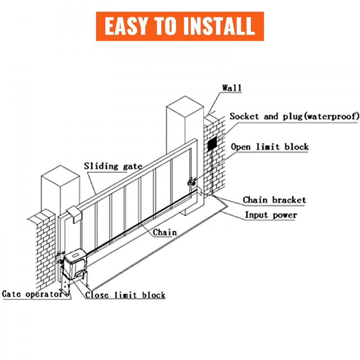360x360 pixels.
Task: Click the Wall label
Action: pyautogui.click(x=232, y=88)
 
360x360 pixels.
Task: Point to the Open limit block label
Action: pyautogui.click(x=270, y=147)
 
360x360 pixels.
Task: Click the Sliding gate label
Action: pyautogui.click(x=113, y=166)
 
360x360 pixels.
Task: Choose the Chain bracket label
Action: pyautogui.click(x=274, y=200)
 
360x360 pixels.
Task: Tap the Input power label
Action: pyautogui.click(x=271, y=215)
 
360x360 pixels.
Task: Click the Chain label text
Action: pyautogui.click(x=165, y=232)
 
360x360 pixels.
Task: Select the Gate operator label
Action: pyautogui.click(x=32, y=294)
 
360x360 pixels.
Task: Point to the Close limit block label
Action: pyautogui.click(x=125, y=295)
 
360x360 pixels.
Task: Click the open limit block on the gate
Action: pyautogui.click(x=190, y=183)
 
